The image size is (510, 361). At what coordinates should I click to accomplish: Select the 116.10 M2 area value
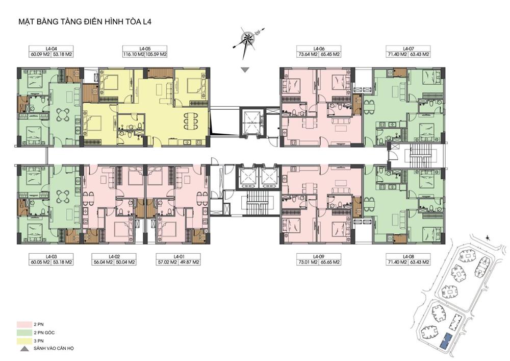pyautogui.click(x=133, y=54)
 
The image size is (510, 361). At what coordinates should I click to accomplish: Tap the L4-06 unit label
pyautogui.click(x=319, y=49)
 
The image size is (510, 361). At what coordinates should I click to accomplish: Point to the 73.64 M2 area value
pyautogui.click(x=308, y=54)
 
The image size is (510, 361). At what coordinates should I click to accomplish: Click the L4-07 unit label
pyautogui.click(x=407, y=49)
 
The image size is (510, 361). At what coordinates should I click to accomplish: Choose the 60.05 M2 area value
pyautogui.click(x=40, y=262)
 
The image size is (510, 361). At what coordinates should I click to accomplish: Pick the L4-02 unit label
pyautogui.click(x=114, y=256)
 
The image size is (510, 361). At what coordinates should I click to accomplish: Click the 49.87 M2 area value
pyautogui.click(x=189, y=262)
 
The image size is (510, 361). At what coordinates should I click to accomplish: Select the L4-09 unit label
pyautogui.click(x=319, y=256)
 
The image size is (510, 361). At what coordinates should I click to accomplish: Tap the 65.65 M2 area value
pyautogui.click(x=330, y=262)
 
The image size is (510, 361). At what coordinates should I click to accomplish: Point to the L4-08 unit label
pyautogui.click(x=407, y=256)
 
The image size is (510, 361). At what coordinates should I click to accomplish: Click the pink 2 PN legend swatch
pyautogui.click(x=24, y=325)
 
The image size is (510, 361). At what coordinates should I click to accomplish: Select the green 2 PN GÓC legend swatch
pyautogui.click(x=24, y=333)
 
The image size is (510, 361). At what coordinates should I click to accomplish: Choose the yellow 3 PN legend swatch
pyautogui.click(x=24, y=341)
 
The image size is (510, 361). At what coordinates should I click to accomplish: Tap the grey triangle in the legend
pyautogui.click(x=24, y=349)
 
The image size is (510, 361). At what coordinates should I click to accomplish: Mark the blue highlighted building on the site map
pyautogui.click(x=445, y=340)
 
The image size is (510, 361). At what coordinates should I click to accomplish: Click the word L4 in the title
pyautogui.click(x=147, y=22)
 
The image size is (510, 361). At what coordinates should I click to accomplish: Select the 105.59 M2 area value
pyautogui.click(x=156, y=54)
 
